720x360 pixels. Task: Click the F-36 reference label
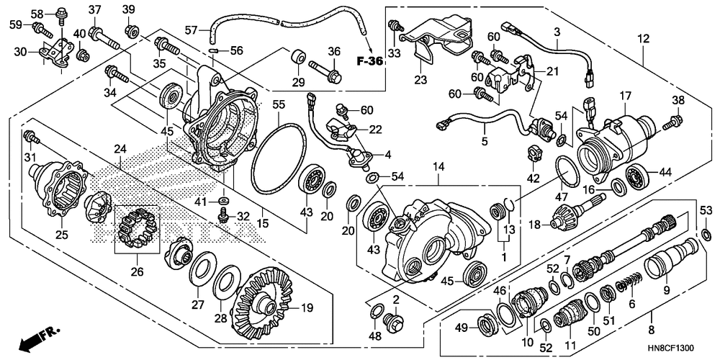[x=369, y=61]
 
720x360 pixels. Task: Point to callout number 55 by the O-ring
[x=279, y=105]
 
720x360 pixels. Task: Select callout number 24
[x=120, y=149]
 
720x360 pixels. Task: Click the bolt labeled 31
[x=31, y=136]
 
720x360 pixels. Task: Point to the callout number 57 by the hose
[x=192, y=30]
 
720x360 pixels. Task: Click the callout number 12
[x=644, y=39]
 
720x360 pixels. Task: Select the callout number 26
[x=137, y=271]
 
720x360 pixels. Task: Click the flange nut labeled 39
[x=130, y=31]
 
